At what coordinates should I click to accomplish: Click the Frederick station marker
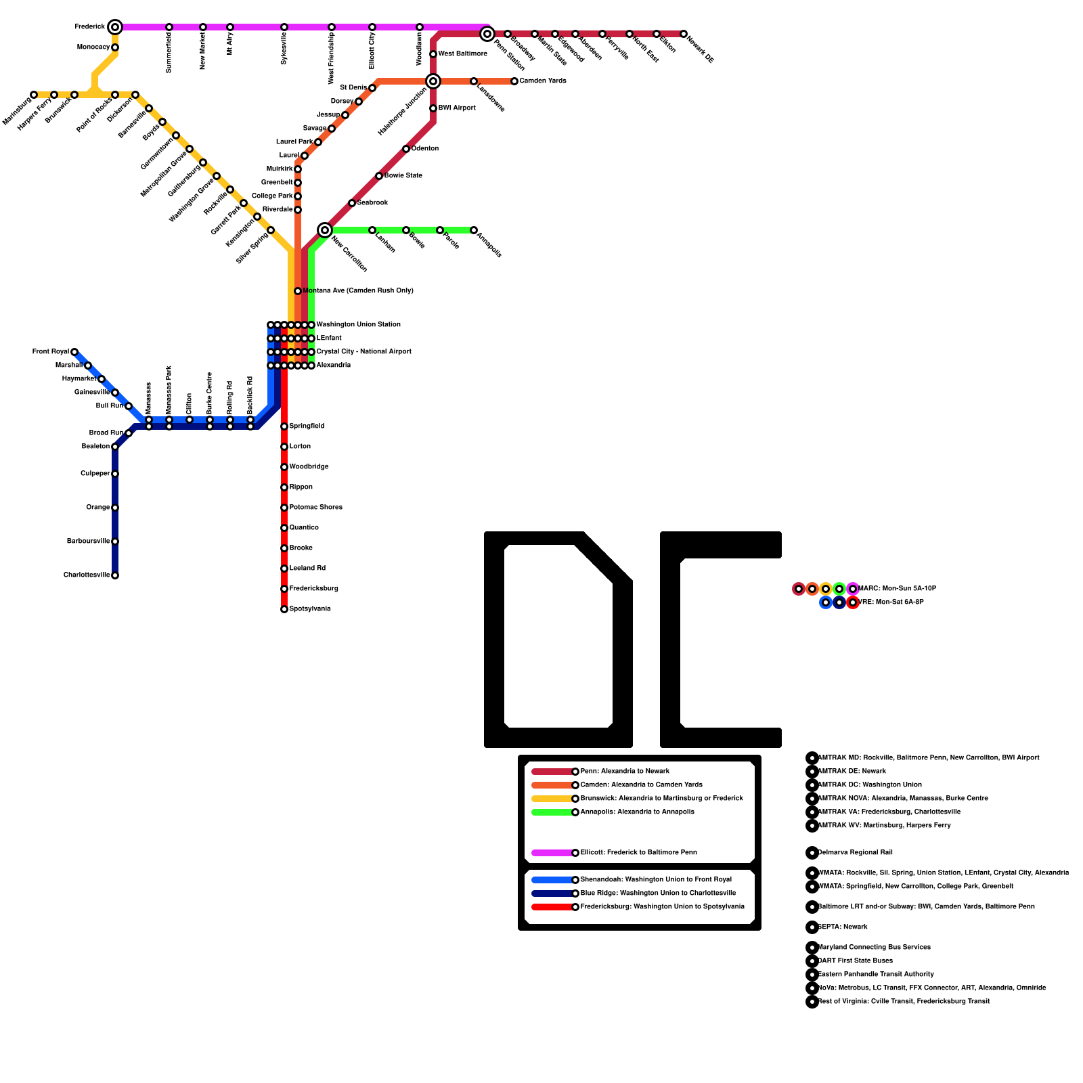[x=115, y=27]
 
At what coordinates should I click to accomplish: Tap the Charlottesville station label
[x=87, y=575]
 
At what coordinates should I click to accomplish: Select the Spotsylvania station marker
[x=284, y=609]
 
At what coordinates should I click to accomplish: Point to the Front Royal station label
[x=50, y=352]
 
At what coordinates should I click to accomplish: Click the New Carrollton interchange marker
[x=325, y=230]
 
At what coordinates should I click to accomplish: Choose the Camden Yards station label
[x=543, y=81]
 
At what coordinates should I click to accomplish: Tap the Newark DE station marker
[x=684, y=34]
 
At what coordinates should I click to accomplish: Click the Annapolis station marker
[x=474, y=230]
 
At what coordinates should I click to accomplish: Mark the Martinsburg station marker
[x=34, y=95]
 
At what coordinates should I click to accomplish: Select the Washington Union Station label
[x=358, y=325]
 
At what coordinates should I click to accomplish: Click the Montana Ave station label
[x=358, y=291]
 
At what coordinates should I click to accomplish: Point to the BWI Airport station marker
[x=433, y=108]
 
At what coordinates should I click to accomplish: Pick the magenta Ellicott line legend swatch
[x=552, y=853]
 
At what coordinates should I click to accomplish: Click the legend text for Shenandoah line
[x=656, y=880]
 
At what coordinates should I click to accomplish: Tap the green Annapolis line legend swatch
[x=552, y=812]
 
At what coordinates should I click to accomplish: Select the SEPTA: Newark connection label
[x=843, y=927]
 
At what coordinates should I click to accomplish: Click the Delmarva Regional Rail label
[x=855, y=853]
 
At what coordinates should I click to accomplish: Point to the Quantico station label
[x=304, y=528]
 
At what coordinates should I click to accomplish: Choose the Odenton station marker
[x=406, y=149]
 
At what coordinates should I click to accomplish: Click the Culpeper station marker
[x=115, y=474]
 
